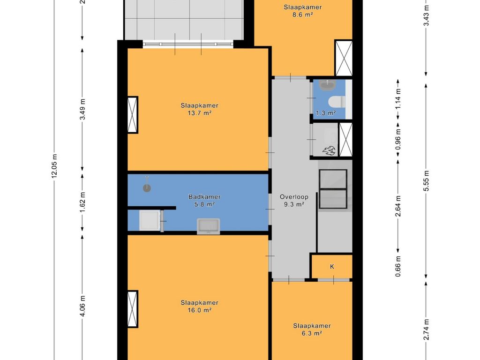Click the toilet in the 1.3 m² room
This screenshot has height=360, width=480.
coord(337,102)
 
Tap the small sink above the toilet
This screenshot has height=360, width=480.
coord(328,84)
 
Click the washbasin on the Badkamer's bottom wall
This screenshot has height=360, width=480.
coord(209,226)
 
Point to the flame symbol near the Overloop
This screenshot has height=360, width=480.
coord(329,150)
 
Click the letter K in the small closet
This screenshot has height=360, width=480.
coord(332,267)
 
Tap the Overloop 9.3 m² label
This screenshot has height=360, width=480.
coord(294,201)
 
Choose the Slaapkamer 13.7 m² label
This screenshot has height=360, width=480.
coord(199,109)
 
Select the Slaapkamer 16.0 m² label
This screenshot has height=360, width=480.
coord(199,307)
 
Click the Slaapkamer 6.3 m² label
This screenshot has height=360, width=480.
coord(312,330)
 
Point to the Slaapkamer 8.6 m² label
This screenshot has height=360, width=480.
coord(302,11)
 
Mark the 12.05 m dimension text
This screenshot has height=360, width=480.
coord(54,166)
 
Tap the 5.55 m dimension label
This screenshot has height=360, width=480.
coord(427,180)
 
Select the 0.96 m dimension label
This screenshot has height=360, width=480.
coord(398,139)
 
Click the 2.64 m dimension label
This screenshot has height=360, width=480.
coord(398,206)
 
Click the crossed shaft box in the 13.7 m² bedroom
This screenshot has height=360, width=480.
coord(133,115)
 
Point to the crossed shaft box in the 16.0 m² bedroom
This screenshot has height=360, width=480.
coord(133,309)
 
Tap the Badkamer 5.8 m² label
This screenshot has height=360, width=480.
coord(204,201)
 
